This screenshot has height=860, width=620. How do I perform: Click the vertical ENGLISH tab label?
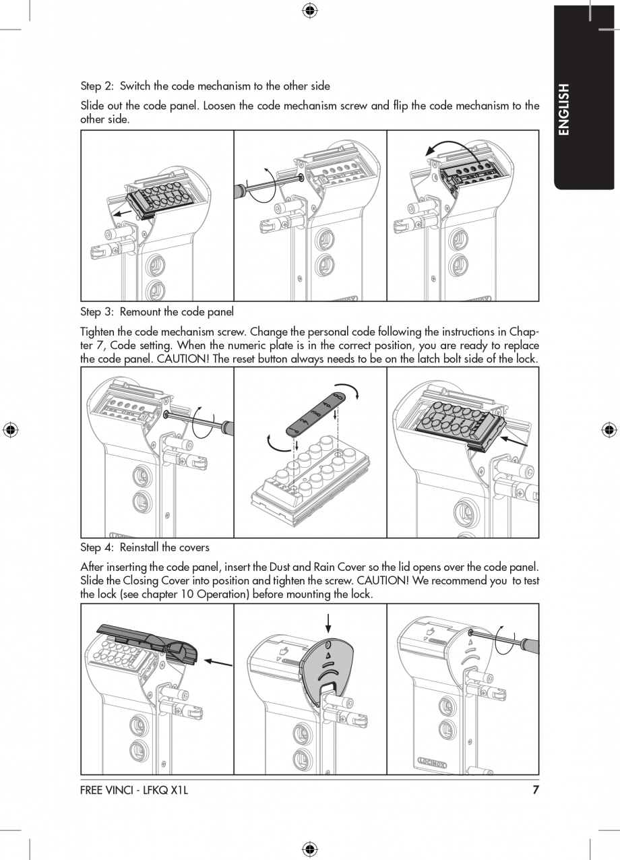pos(564,109)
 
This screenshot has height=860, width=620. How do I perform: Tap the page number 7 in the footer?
pos(536,790)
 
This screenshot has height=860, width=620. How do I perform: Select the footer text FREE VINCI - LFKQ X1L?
pos(134,790)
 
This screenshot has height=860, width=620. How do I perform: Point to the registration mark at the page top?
pos(309,9)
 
